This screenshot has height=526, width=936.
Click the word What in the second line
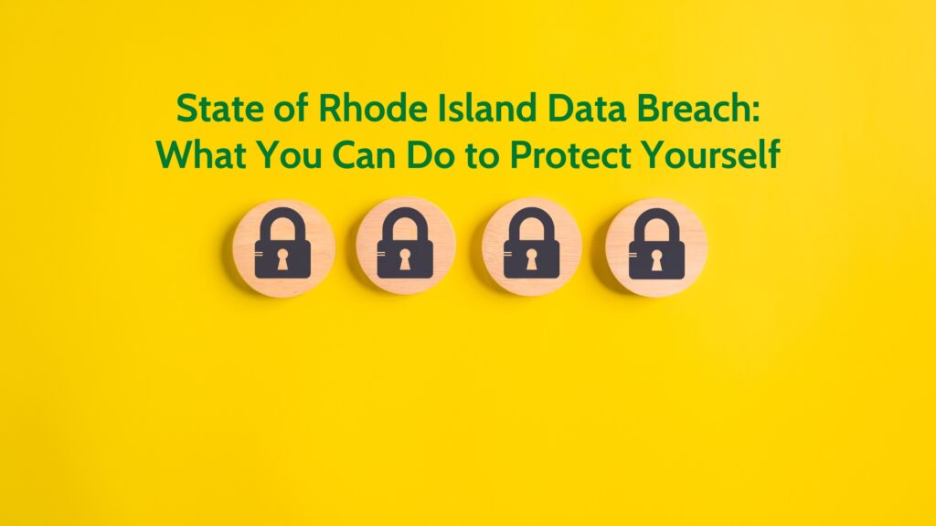click(x=201, y=154)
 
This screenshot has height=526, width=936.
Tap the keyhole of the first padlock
click(x=282, y=259)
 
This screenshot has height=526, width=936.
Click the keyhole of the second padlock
click(x=405, y=259)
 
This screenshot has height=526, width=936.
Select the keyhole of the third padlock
click(x=531, y=259)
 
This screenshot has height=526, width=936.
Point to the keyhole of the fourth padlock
click(x=656, y=259)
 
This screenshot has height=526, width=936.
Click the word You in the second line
click(x=289, y=155)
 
